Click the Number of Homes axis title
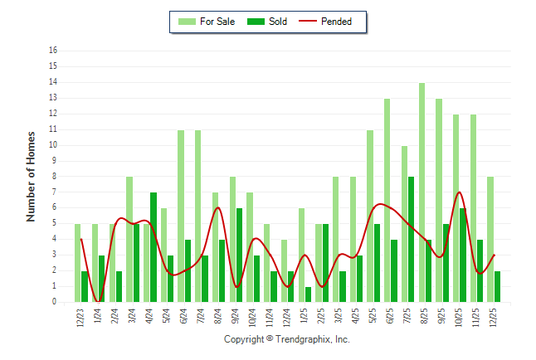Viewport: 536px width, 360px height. (32, 176)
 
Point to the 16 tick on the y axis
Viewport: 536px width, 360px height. (53, 51)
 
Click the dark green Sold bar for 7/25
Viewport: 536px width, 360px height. (411, 239)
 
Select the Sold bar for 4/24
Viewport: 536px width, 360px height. (153, 247)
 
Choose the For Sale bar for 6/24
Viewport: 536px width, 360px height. (180, 216)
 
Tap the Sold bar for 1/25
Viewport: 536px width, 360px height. (308, 294)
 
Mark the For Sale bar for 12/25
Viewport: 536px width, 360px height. (490, 239)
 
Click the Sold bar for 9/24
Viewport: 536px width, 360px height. (239, 255)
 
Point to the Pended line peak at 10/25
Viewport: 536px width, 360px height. (459, 192)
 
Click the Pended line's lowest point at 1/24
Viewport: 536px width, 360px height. (98, 301)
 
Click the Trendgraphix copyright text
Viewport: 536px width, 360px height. (287, 340)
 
